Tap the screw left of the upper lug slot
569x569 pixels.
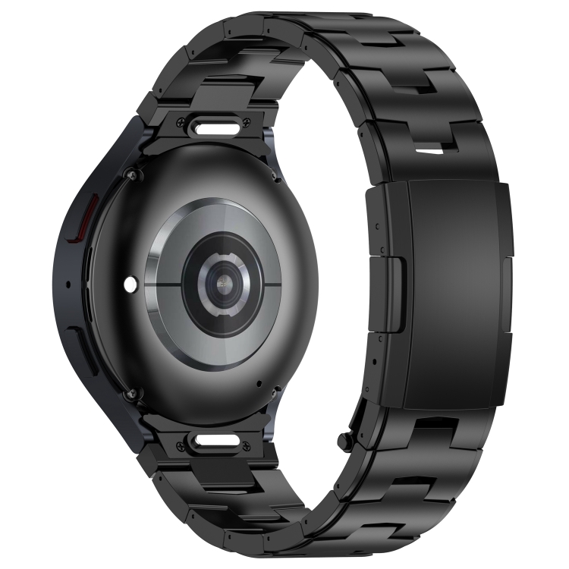(179, 121)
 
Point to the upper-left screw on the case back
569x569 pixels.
(134, 175)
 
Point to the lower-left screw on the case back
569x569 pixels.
(134, 392)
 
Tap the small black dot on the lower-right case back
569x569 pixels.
(259, 382)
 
